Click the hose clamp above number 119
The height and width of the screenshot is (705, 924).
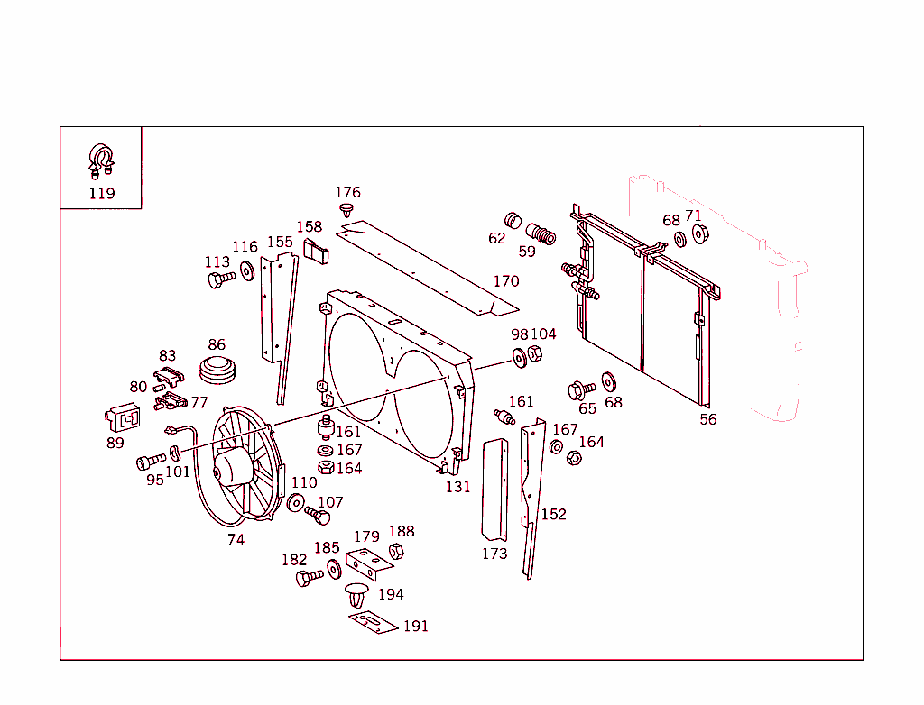[x=101, y=160]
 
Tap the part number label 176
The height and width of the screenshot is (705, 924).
[x=347, y=192]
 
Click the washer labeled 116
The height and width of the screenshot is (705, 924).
[x=245, y=270]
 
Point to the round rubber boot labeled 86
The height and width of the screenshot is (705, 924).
[x=217, y=371]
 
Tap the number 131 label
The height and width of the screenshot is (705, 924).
[x=457, y=487]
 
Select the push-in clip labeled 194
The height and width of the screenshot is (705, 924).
[x=357, y=595]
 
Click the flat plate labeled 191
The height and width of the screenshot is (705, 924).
[x=374, y=621]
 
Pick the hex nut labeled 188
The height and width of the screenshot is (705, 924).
[x=395, y=551]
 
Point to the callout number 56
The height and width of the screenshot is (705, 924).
[x=708, y=419]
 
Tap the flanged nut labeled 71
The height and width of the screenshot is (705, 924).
[x=698, y=233]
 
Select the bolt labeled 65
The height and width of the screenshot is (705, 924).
[x=580, y=390]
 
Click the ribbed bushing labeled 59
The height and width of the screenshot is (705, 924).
[x=541, y=233]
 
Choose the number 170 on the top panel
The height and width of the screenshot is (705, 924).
[x=505, y=281]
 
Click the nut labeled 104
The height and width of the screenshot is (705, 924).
[x=534, y=354]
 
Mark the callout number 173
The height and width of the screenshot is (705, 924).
[x=494, y=554]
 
